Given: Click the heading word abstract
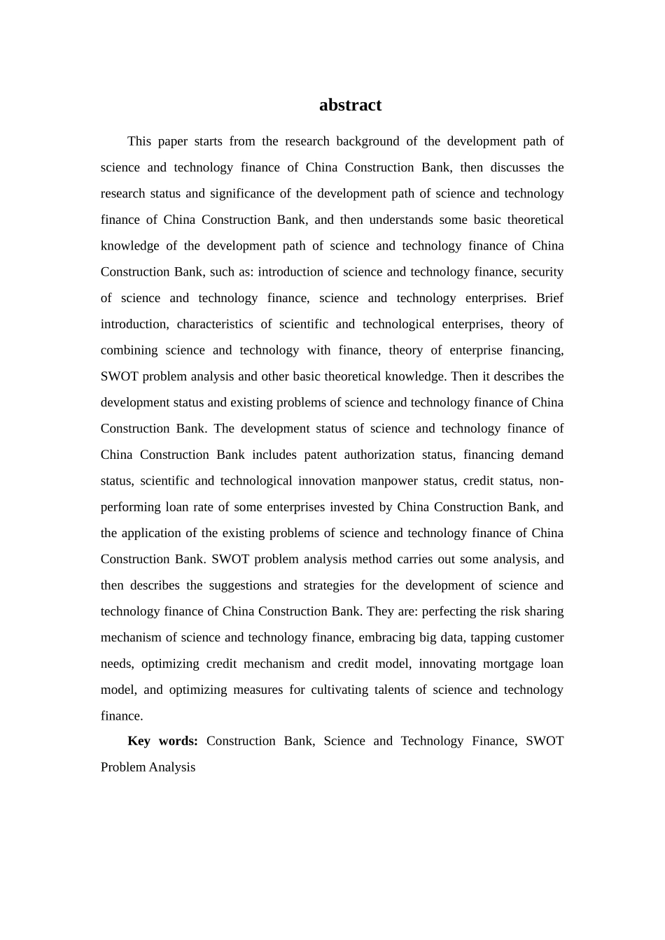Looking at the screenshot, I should pyautogui.click(x=350, y=105).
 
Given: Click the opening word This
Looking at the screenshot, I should pyautogui.click(x=139, y=141).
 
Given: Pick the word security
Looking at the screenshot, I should pyautogui.click(x=542, y=272).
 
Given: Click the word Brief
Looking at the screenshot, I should pyautogui.click(x=549, y=298).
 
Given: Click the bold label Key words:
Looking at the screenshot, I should pyautogui.click(x=162, y=741).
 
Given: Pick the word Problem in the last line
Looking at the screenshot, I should pyautogui.click(x=123, y=767).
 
